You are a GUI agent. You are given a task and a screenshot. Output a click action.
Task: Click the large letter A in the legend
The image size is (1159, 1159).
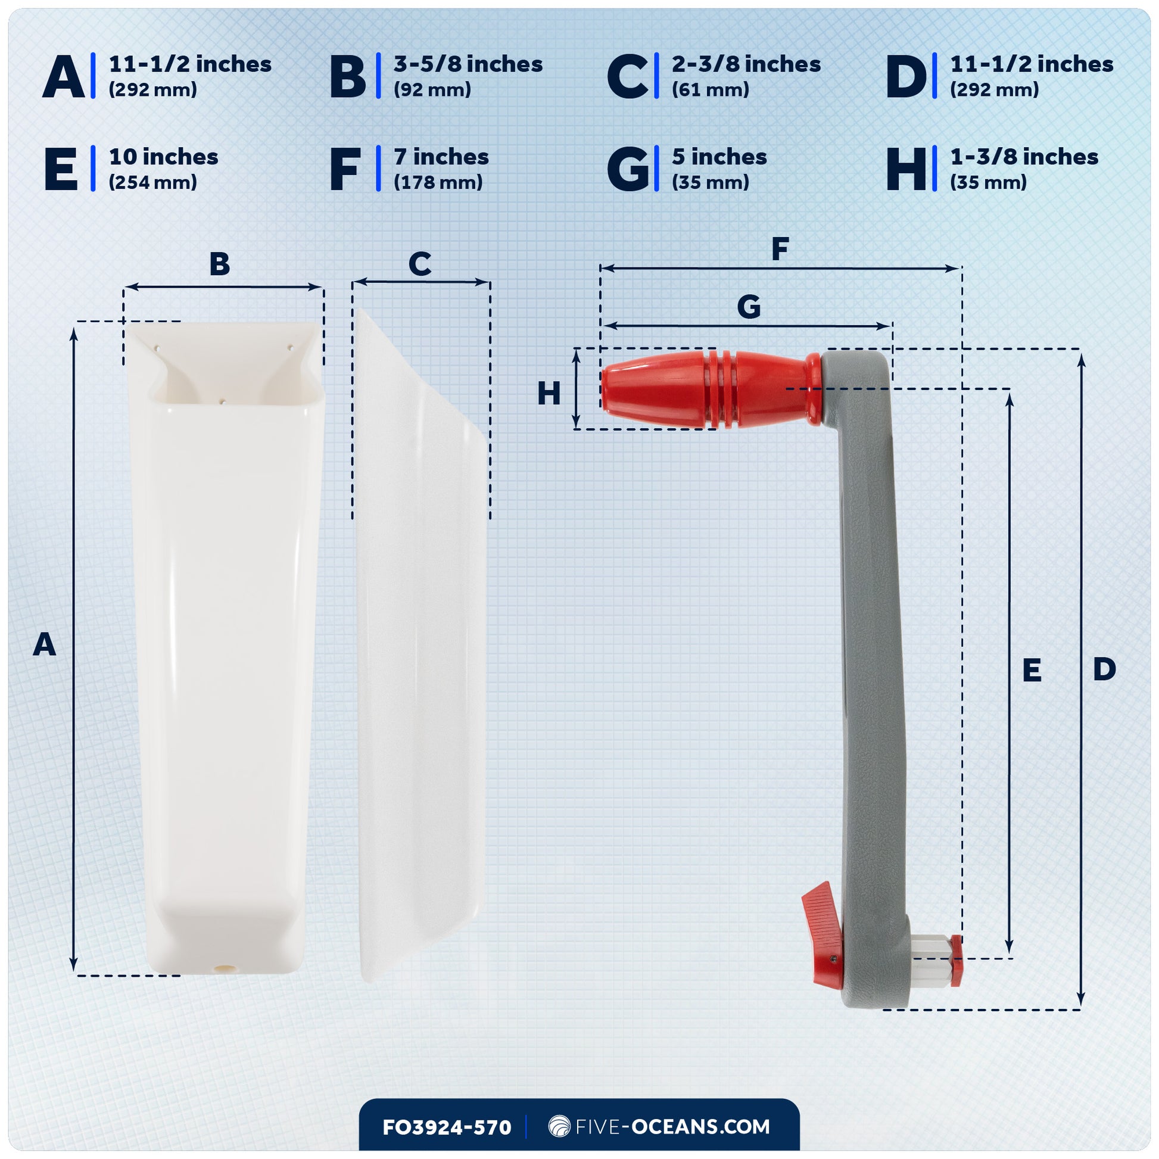pyautogui.click(x=64, y=76)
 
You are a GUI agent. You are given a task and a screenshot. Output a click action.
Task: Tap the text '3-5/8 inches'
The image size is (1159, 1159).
pyautogui.click(x=468, y=64)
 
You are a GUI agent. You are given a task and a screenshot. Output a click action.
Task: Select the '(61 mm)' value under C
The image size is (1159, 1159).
pyautogui.click(x=711, y=90)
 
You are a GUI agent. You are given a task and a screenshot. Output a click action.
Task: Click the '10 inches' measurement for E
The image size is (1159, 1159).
pyautogui.click(x=163, y=157)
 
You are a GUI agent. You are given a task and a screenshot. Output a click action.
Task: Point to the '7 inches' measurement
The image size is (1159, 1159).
pyautogui.click(x=441, y=157)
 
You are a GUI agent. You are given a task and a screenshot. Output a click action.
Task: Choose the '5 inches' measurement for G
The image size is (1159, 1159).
pyautogui.click(x=719, y=157)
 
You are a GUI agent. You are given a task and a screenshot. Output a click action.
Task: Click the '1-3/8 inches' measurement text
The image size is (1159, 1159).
pyautogui.click(x=1024, y=157)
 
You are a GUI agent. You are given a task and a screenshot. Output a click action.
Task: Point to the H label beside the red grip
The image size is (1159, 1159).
pyautogui.click(x=549, y=394)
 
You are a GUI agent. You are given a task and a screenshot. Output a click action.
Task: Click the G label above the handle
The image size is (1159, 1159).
pyautogui.click(x=749, y=307)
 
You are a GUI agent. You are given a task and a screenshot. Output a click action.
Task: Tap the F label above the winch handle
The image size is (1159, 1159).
pyautogui.click(x=779, y=249)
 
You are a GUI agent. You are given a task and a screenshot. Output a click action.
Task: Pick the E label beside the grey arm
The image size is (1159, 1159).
pyautogui.click(x=1032, y=670)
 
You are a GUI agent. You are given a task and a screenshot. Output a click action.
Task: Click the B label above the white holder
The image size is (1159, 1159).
pyautogui.click(x=220, y=264)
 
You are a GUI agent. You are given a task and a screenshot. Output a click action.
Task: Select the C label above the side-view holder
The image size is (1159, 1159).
pyautogui.click(x=420, y=264)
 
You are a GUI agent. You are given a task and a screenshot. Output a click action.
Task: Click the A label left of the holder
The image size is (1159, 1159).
pyautogui.click(x=45, y=645)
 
